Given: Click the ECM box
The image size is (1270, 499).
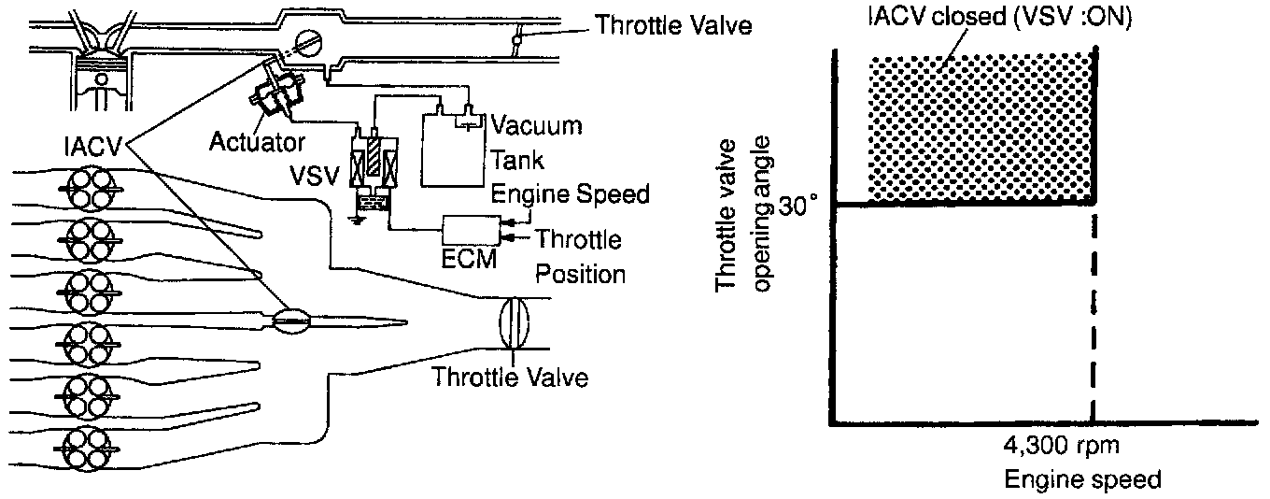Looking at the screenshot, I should (472, 230).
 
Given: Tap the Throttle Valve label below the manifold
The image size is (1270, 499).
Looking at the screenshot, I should (510, 378).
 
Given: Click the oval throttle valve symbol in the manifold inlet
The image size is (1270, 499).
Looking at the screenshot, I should (515, 323).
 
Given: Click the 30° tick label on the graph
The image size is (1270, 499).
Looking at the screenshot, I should (804, 206).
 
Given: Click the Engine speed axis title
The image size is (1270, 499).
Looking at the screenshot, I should (1082, 479).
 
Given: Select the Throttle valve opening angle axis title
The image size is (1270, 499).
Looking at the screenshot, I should (747, 216).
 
